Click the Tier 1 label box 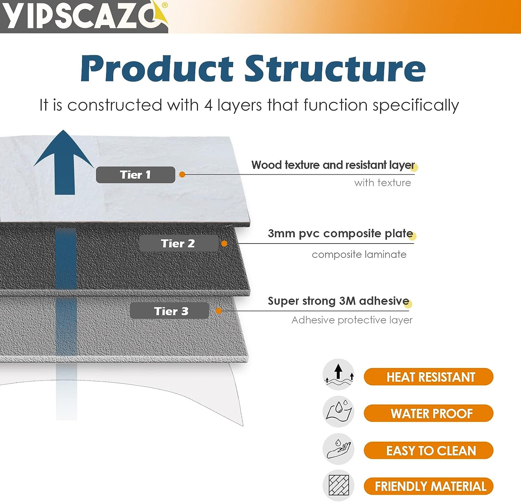pos(135,175)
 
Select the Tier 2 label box pos(179,243)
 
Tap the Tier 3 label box pos(169,311)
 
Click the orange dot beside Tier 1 pos(182,175)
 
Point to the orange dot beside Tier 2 pos(224,244)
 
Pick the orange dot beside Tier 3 pos(219,311)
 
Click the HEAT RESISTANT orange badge pos(429,377)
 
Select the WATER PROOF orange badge pos(429,413)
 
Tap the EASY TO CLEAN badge pos(429,451)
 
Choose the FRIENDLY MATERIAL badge pos(429,486)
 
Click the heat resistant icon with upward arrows pos(339,375)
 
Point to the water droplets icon pos(339,412)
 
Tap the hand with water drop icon pos(339,449)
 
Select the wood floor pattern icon pos(339,486)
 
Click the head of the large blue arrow pos(64,148)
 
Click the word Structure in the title pos(335,69)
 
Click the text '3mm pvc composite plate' pos(340,233)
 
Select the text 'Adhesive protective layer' pos(352,320)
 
